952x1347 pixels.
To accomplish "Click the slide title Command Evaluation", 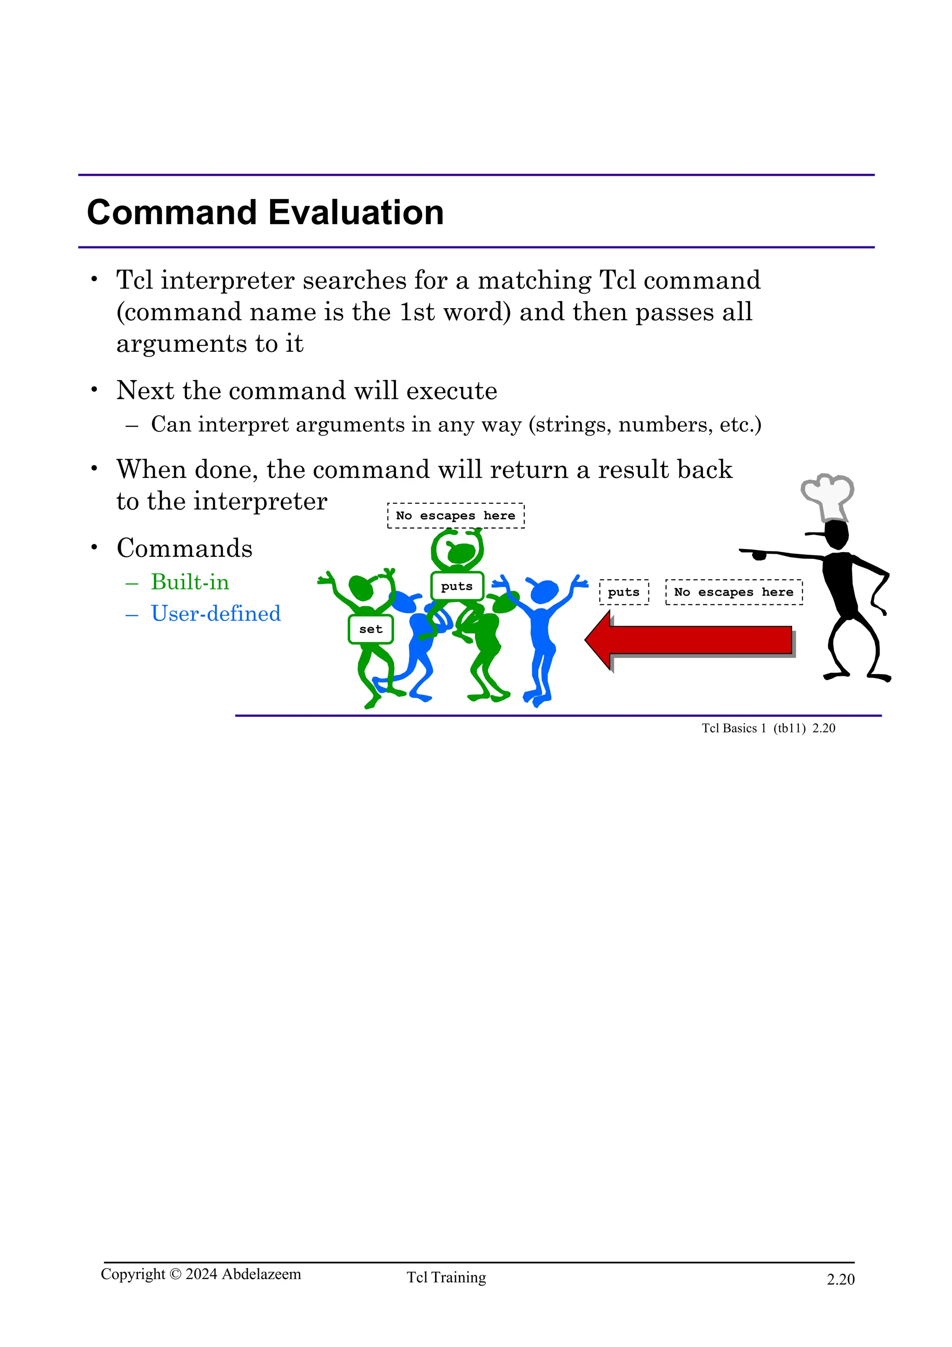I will (x=265, y=212).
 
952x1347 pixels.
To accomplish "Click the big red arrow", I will (x=689, y=640).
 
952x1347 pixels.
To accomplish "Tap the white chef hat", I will (x=827, y=496).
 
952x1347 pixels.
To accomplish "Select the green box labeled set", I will (x=370, y=629).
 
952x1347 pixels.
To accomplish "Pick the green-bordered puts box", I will (x=457, y=586).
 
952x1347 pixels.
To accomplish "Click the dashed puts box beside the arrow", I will (x=623, y=592).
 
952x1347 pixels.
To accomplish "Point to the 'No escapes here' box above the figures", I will (x=456, y=515).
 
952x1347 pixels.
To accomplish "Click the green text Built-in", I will (x=190, y=582).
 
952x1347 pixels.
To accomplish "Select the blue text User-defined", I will (x=216, y=614).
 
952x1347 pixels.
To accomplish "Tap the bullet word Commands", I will (x=184, y=548).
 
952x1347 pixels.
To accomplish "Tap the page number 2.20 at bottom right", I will (x=840, y=1279).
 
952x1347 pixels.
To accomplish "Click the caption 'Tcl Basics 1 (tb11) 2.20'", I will (x=768, y=728).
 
